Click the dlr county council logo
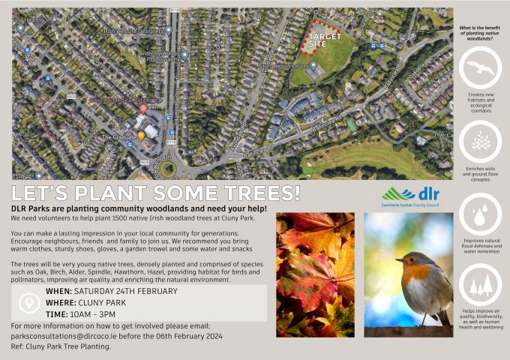pyautogui.click(x=410, y=196)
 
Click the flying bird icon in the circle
pyautogui.click(x=480, y=67)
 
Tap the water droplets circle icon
pyautogui.click(x=480, y=214)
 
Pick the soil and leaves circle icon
pyautogui.click(x=480, y=141)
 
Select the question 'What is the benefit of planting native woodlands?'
pyautogui.click(x=480, y=33)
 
